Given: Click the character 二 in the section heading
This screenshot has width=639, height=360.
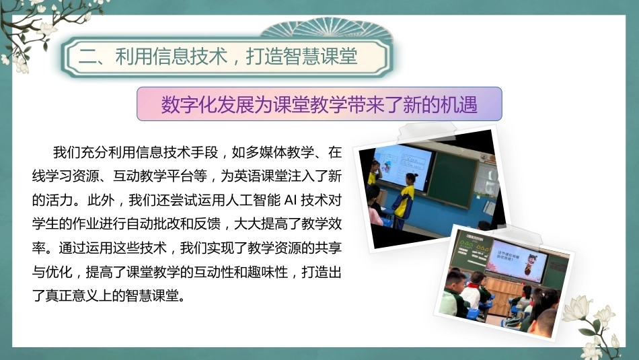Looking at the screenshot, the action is coord(87,57).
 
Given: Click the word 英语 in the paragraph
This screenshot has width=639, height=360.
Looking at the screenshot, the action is coord(260,176).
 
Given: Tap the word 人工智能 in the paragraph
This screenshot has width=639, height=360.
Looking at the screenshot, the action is coord(254,200).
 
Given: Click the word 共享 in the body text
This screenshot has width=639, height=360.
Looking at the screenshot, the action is coord(328,248).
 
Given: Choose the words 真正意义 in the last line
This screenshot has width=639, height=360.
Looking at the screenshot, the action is coord(72,295).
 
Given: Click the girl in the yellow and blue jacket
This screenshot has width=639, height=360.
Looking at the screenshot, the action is coord(404,201).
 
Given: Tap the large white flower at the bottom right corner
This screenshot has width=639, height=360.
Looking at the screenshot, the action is coord(578,309).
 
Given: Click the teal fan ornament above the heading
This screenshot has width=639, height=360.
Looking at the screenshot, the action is coord(327,28).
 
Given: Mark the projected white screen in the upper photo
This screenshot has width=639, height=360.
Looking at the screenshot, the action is coord(404,167).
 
